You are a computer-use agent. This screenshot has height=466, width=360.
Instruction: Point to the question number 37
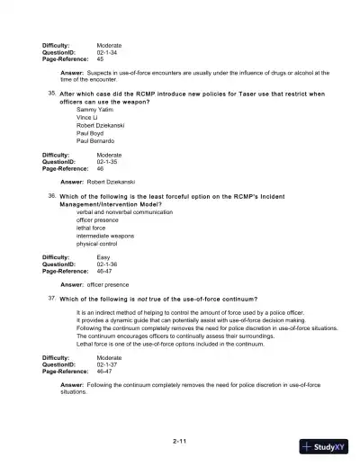coord(51,298)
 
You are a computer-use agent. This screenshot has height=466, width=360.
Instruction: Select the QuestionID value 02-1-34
coord(108,51)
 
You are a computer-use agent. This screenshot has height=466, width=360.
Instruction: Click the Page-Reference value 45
coord(100,58)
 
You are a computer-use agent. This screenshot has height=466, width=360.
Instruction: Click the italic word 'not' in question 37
coord(135,299)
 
